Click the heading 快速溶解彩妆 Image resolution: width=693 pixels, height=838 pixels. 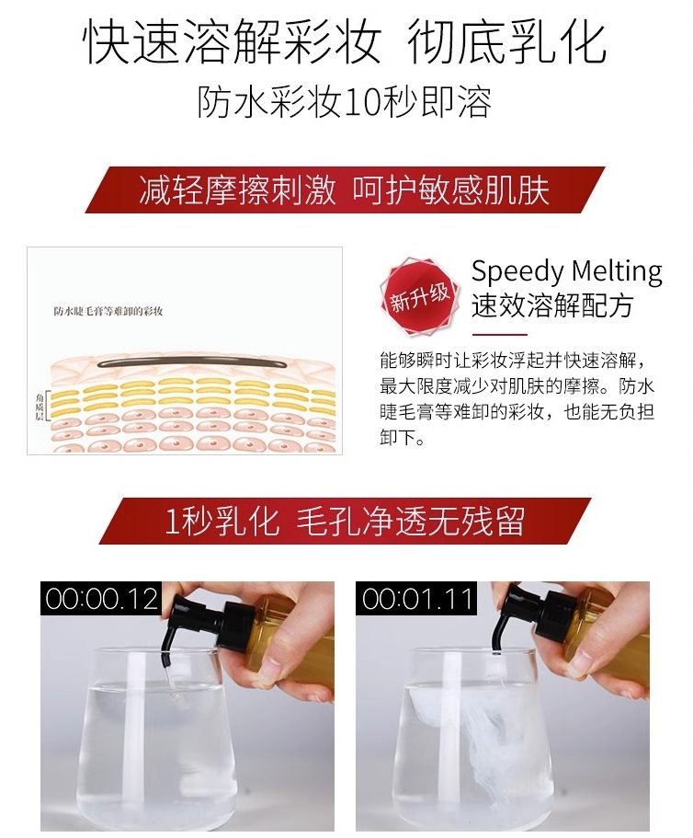coord(232,41)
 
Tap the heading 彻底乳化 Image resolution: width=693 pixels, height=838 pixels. coord(506,41)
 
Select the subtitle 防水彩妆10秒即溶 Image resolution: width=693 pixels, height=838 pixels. coord(345,101)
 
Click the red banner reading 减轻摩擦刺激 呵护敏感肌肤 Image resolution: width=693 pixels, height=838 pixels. coord(345,189)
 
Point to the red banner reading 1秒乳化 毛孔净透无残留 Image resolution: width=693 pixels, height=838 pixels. coord(345,521)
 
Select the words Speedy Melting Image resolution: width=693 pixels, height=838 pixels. coord(566,271)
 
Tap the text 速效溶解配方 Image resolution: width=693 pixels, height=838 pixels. coord(552,305)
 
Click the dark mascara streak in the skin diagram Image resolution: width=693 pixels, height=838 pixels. coord(192,362)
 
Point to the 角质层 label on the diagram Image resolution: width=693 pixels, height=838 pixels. coord(40,407)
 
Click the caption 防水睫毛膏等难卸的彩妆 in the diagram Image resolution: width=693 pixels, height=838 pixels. coord(108,312)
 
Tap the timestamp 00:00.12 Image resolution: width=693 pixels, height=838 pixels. coord(101,599)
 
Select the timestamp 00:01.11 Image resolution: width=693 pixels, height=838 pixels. coord(416,599)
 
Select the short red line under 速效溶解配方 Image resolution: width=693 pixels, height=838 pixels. coord(500,335)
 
